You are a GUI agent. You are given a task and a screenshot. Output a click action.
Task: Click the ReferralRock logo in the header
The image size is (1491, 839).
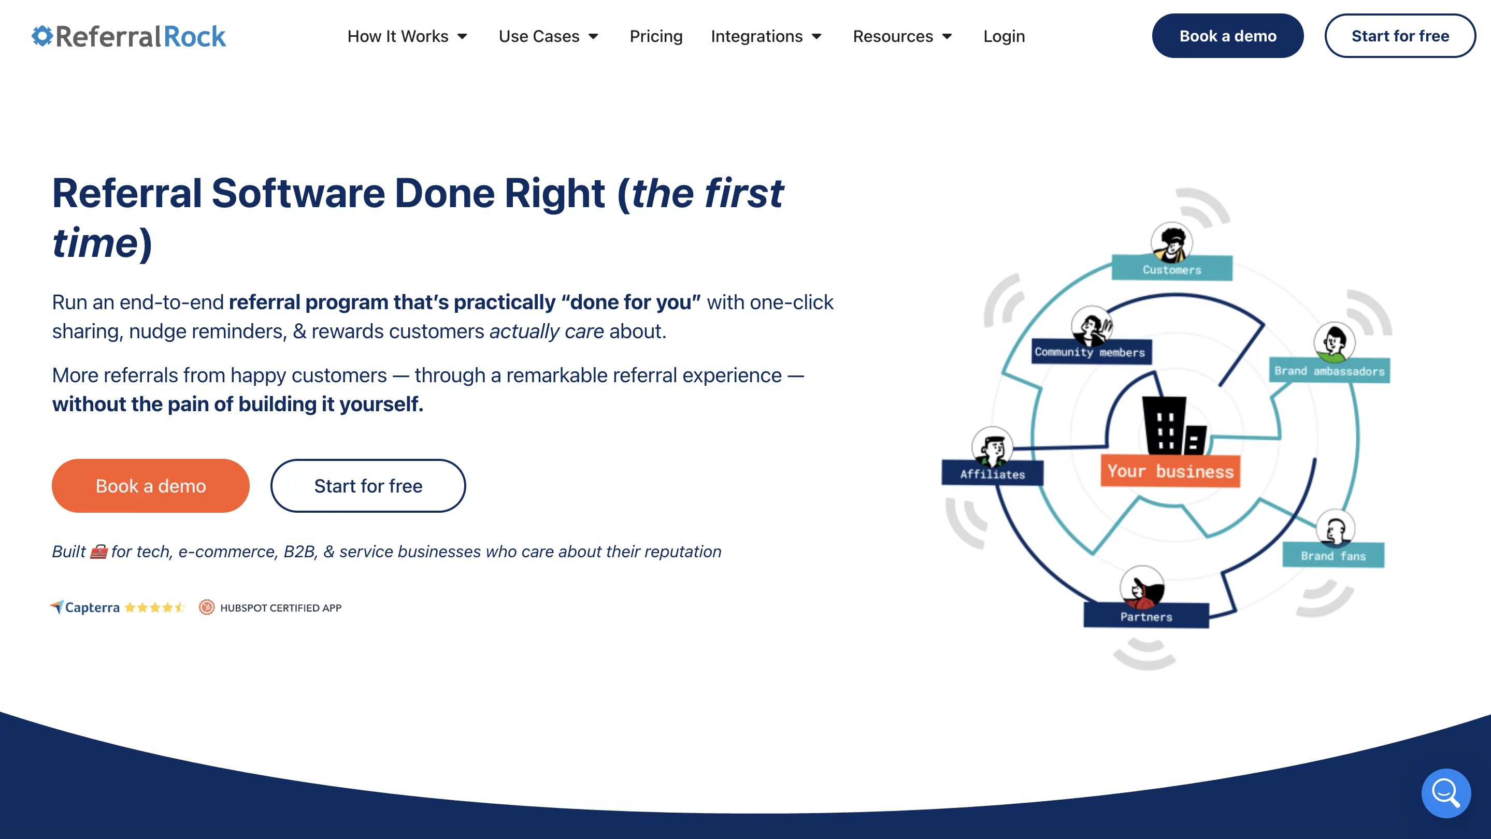pyautogui.click(x=128, y=36)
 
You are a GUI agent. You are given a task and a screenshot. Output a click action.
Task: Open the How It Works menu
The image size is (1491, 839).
pyautogui.click(x=407, y=36)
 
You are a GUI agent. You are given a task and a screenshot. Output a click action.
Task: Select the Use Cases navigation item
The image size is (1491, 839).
pyautogui.click(x=548, y=36)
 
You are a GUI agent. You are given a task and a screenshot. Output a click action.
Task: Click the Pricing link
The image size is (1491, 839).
pyautogui.click(x=656, y=36)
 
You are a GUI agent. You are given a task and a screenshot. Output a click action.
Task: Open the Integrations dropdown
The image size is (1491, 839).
pyautogui.click(x=766, y=36)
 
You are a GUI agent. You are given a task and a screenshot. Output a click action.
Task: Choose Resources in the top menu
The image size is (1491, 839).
pyautogui.click(x=902, y=36)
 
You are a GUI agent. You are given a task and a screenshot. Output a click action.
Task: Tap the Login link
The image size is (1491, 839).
pyautogui.click(x=1003, y=36)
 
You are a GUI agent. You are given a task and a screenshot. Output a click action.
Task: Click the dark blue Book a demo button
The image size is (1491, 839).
pyautogui.click(x=1228, y=36)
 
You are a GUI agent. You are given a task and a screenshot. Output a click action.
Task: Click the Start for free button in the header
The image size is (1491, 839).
pyautogui.click(x=1400, y=36)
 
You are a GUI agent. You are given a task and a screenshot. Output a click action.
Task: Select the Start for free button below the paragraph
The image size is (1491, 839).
pyautogui.click(x=368, y=485)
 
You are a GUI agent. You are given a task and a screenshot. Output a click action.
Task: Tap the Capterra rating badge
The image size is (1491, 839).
pyautogui.click(x=118, y=607)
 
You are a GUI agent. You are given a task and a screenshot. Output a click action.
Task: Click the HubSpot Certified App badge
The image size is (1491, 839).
pyautogui.click(x=270, y=607)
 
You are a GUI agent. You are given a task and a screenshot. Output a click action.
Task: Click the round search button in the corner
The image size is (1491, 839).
pyautogui.click(x=1446, y=793)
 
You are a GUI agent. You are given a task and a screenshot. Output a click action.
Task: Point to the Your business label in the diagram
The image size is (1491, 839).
pyautogui.click(x=1170, y=471)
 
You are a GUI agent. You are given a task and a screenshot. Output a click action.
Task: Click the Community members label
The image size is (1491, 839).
pyautogui.click(x=1091, y=352)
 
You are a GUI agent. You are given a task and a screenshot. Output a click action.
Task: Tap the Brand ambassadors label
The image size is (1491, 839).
pyautogui.click(x=1329, y=371)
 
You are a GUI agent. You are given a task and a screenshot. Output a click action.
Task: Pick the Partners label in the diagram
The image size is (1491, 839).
pyautogui.click(x=1146, y=616)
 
